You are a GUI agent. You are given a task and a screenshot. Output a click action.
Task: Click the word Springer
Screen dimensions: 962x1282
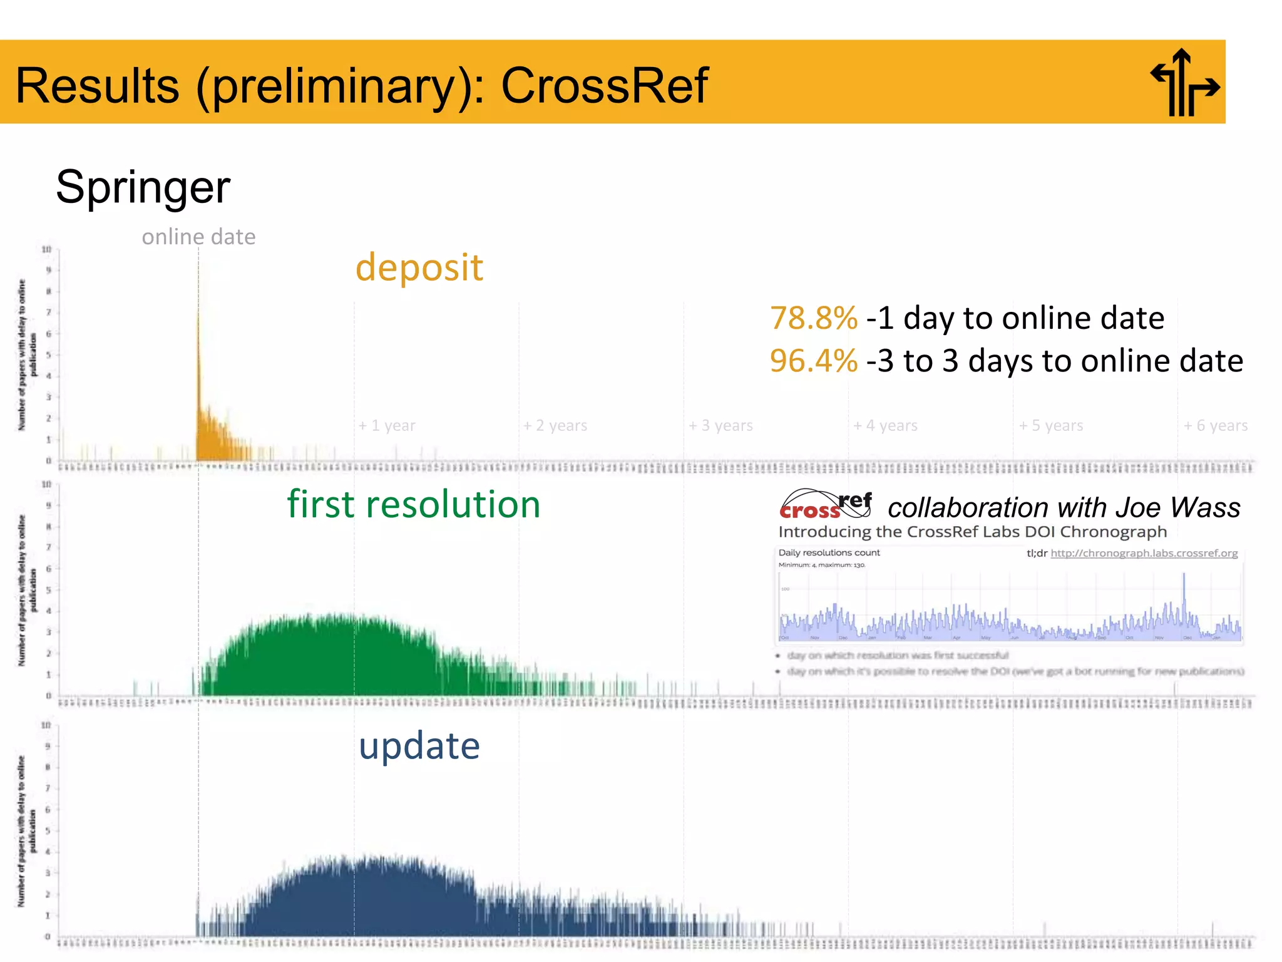[143, 187]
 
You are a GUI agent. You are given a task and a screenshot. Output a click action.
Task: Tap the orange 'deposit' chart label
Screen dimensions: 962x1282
[419, 267]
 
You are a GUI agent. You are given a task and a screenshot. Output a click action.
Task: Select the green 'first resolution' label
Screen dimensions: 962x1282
[413, 504]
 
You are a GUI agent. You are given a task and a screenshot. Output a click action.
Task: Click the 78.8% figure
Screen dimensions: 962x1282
[813, 318]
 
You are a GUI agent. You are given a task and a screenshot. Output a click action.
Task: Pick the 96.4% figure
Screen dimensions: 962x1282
[813, 361]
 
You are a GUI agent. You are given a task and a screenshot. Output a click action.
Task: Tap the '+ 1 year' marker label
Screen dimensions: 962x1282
[386, 426]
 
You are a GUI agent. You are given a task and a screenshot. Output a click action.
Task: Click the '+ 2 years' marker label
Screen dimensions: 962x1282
[555, 426]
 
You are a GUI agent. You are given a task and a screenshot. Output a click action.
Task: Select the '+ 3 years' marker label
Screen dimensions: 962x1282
[720, 426]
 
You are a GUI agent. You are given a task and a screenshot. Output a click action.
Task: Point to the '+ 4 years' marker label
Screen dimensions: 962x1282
[885, 426]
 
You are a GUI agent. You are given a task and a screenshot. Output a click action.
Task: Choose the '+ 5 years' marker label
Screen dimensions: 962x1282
[1051, 426]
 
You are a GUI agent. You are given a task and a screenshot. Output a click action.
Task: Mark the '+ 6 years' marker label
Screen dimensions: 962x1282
[1216, 426]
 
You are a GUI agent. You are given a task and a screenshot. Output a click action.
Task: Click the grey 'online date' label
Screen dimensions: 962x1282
[198, 237]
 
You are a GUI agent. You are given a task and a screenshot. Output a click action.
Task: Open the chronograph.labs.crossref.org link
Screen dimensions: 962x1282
[1144, 553]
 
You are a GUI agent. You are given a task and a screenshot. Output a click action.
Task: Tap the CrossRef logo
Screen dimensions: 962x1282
[825, 505]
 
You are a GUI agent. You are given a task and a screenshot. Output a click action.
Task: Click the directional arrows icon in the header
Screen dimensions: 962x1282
[1184, 83]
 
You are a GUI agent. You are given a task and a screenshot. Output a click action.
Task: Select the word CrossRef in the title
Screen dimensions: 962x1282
[604, 86]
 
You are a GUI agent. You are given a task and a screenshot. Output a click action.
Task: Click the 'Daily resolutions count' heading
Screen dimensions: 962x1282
[829, 552]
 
